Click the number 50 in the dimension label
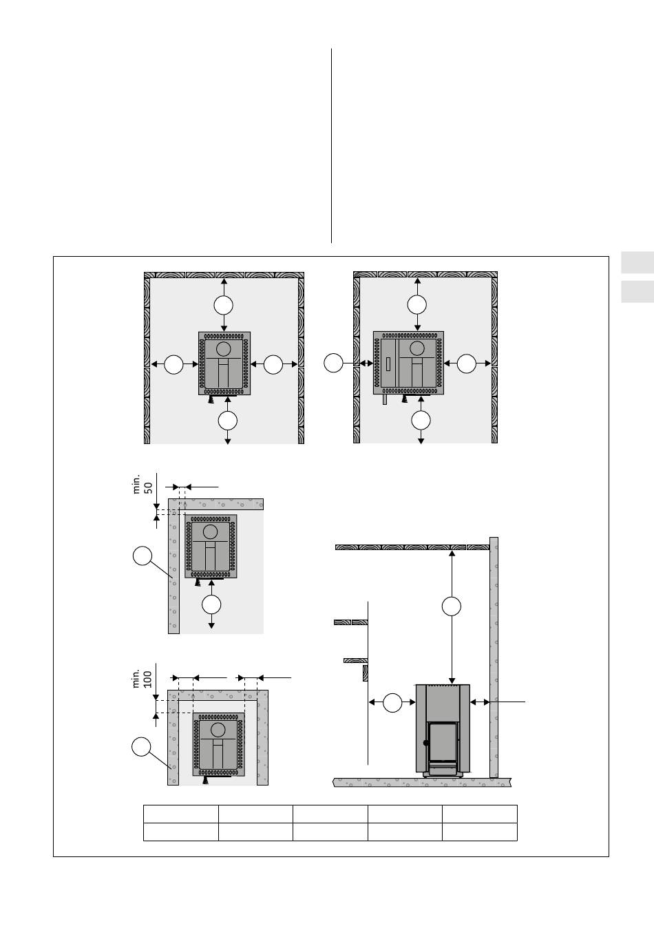tap(148, 487)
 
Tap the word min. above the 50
tap(136, 484)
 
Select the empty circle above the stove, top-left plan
tap(224, 306)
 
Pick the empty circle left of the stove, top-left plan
tap(173, 365)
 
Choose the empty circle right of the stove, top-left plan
tap(273, 365)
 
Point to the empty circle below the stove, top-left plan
tap(228, 421)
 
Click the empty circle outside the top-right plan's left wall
tap(333, 363)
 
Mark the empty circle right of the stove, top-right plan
tap(466, 363)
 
